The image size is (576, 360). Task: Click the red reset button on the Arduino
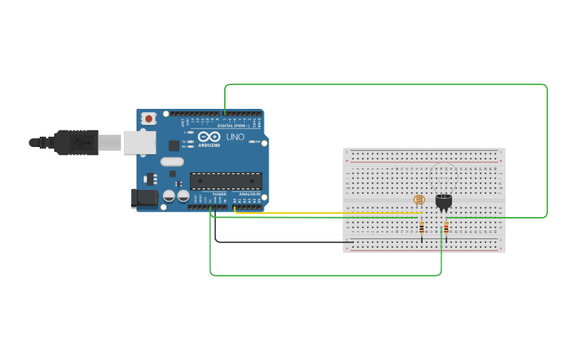149,118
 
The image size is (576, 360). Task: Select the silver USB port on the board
139,142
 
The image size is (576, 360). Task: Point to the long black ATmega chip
226,181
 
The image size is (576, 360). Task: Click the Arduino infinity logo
209,137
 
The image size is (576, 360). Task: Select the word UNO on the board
235,137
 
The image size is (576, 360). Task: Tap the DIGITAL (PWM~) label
233,126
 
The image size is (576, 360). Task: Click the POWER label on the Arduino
219,193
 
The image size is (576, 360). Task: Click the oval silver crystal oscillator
171,161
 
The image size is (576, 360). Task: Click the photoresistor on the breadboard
419,199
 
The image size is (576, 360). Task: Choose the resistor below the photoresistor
421,228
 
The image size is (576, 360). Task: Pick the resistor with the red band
446,228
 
